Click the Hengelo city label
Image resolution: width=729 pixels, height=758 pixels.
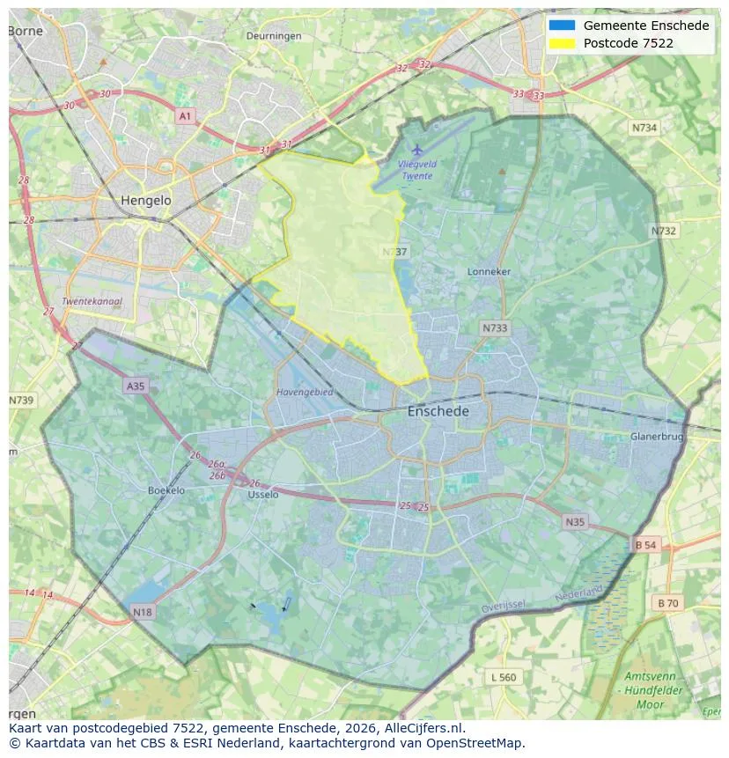coord(146,201)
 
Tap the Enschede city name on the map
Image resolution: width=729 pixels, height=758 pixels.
coord(438,411)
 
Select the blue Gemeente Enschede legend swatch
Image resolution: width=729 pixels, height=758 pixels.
coord(562,26)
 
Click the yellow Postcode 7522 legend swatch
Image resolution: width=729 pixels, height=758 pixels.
coord(562,43)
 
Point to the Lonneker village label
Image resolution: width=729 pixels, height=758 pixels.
coord(489,272)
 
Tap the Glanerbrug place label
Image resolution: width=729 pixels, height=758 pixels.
coord(657,437)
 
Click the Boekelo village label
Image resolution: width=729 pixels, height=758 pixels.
coord(166,490)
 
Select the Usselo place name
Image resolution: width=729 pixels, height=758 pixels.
coord(263,495)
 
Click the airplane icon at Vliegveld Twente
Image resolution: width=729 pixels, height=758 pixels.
coord(417,150)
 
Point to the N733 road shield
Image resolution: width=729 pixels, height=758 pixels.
coord(495,328)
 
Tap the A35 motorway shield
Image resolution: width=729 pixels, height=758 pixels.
coord(135,386)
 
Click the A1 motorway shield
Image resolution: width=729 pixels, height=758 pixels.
coord(185,116)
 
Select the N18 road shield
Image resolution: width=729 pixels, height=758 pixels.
coord(143,612)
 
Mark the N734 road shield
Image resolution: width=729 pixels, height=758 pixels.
coord(644,128)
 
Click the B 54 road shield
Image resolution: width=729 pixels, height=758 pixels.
coord(645,546)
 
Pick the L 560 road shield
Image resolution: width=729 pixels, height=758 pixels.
coord(504,677)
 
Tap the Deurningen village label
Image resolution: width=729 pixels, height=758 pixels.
coord(274,36)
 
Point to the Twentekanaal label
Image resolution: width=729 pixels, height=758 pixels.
coord(92,301)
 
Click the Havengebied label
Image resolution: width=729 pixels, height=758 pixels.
coord(305,393)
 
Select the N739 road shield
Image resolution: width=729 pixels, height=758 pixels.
coord(21,401)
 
